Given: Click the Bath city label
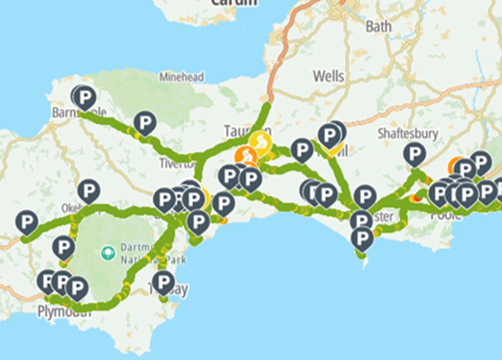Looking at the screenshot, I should [x=379, y=26].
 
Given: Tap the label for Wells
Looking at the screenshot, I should [x=328, y=76].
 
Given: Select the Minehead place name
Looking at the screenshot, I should [x=182, y=77].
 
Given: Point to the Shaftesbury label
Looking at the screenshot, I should [x=408, y=134].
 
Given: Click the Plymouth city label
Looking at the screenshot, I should [x=64, y=312].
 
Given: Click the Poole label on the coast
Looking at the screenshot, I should [x=445, y=215].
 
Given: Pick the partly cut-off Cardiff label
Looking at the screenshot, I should [x=233, y=3].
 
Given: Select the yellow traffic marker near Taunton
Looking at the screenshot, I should [x=261, y=141].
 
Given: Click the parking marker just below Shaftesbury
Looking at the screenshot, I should [x=414, y=153].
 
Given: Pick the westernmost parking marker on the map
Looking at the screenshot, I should [x=27, y=221].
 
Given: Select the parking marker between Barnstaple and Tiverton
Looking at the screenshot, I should [x=145, y=122].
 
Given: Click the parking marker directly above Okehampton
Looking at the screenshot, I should [x=88, y=190].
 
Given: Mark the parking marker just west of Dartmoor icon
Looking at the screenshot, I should [x=64, y=247].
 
